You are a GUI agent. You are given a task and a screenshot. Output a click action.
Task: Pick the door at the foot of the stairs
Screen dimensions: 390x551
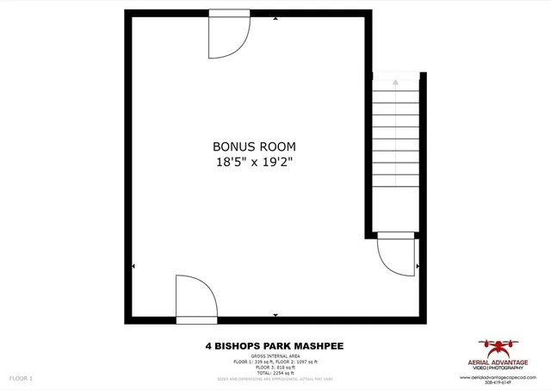(x=396, y=255)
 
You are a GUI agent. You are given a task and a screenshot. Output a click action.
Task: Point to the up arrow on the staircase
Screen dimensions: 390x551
(x=395, y=82)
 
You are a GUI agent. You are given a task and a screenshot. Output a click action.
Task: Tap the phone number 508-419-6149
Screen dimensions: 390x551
(x=498, y=383)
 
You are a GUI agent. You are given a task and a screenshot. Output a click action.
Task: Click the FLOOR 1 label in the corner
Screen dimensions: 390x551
(x=21, y=378)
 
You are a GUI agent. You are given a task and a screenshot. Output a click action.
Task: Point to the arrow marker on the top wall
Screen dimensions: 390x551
(x=275, y=17)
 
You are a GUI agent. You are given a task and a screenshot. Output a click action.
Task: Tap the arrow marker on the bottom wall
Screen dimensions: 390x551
(x=275, y=317)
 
